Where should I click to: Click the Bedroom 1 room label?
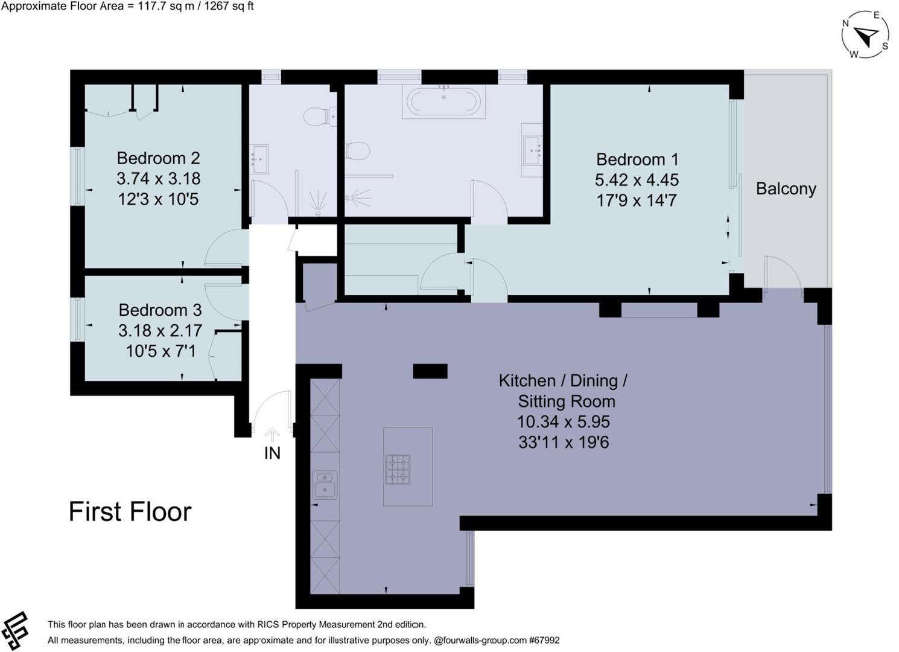(x=637, y=159)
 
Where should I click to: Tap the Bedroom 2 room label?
(x=158, y=158)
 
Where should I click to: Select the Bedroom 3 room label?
(x=160, y=310)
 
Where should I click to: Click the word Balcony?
(x=786, y=189)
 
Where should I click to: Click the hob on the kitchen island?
(x=398, y=470)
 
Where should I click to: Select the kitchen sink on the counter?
(x=325, y=485)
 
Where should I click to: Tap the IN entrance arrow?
(x=272, y=435)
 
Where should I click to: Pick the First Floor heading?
(x=130, y=512)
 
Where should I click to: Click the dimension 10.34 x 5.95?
(x=563, y=422)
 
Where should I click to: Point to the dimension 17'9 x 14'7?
(x=637, y=200)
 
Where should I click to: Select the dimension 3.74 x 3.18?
(x=158, y=179)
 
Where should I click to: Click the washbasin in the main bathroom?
(x=532, y=150)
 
